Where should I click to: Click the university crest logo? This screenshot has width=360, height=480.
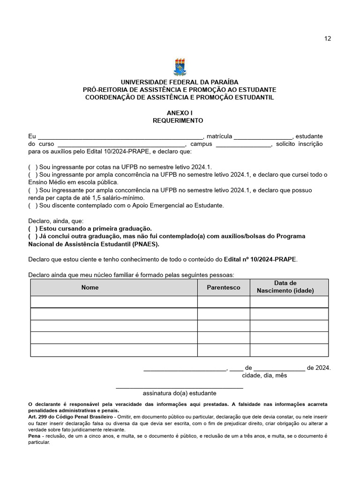pos(180,67)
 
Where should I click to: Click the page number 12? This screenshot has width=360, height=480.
pos(328,38)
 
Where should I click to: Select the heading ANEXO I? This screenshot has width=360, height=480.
pos(180,113)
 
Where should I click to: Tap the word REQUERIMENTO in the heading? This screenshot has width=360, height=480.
pos(178,120)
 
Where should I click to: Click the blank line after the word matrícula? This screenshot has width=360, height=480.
pos(263,136)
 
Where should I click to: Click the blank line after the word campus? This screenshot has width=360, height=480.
pos(243,144)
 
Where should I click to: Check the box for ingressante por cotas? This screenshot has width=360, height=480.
pos(33,167)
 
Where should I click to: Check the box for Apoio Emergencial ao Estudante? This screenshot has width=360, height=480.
pos(33,205)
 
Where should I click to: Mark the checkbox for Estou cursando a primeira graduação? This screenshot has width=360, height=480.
pos(33,228)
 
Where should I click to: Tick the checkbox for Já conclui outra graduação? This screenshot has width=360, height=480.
pos(33,236)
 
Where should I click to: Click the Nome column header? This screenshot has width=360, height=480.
pos(90,287)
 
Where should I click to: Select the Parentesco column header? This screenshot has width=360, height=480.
pos(224,287)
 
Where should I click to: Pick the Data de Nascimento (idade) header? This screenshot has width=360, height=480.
pos(285,287)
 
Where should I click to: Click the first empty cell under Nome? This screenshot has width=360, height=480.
pos(114,302)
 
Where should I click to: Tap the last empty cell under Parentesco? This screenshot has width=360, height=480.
pos(224,350)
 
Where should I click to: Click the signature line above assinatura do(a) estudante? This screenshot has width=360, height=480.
pos(180,387)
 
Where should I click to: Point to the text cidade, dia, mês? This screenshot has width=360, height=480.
pos(264,375)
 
